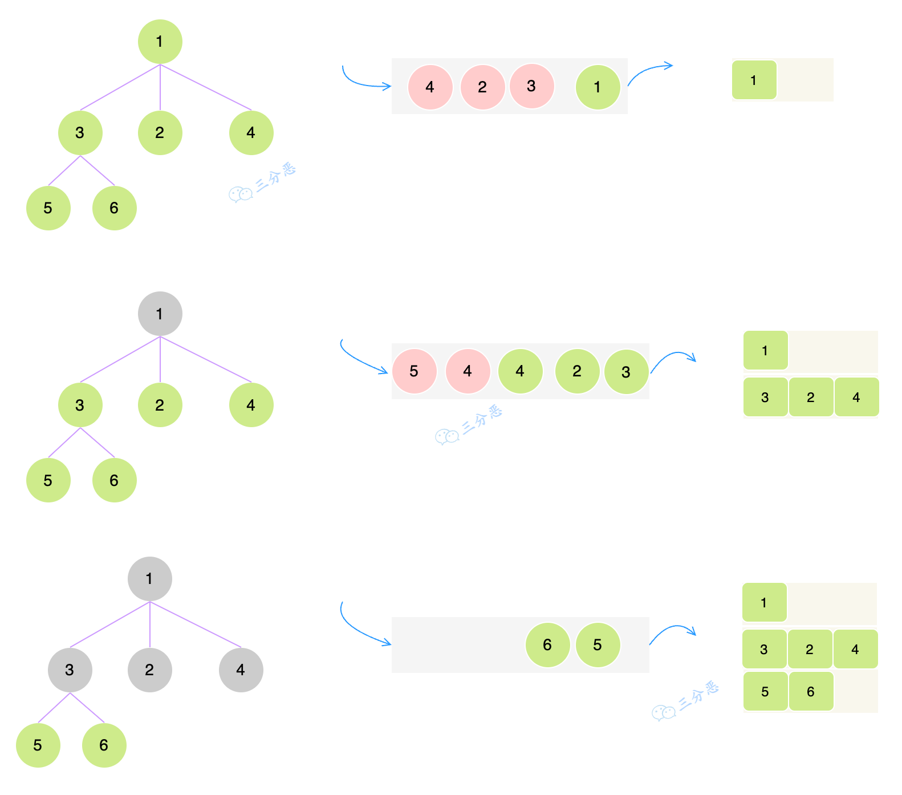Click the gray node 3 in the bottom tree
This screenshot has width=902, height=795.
point(70,670)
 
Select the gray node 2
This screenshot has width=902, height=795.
point(149,670)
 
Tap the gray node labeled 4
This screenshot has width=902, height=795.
point(241,670)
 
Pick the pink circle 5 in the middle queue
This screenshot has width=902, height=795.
point(414,371)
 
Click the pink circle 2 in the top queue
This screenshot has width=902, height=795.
point(482,87)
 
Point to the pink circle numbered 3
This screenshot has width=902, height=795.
point(531,86)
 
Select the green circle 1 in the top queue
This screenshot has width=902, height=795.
point(598,87)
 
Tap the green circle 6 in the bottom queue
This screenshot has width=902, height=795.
point(547,645)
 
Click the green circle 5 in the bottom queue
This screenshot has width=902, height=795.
point(598,645)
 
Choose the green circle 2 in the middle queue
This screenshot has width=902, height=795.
point(577,371)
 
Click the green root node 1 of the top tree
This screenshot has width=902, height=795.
point(160,42)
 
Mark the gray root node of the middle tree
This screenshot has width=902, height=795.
point(160,314)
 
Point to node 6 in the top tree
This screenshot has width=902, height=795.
point(114,208)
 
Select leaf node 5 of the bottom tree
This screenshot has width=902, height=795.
point(38,745)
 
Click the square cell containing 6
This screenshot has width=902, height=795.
point(810,692)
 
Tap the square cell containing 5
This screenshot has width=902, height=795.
point(765,692)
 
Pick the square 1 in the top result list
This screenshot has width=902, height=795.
point(754,80)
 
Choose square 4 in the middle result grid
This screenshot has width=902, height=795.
point(856,397)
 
